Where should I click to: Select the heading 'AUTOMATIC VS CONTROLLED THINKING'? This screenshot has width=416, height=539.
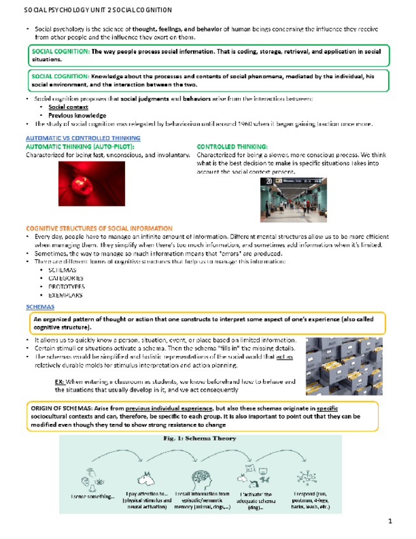[x=82, y=138]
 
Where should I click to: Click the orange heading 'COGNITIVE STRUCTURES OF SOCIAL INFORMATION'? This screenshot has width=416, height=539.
[x=98, y=228]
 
